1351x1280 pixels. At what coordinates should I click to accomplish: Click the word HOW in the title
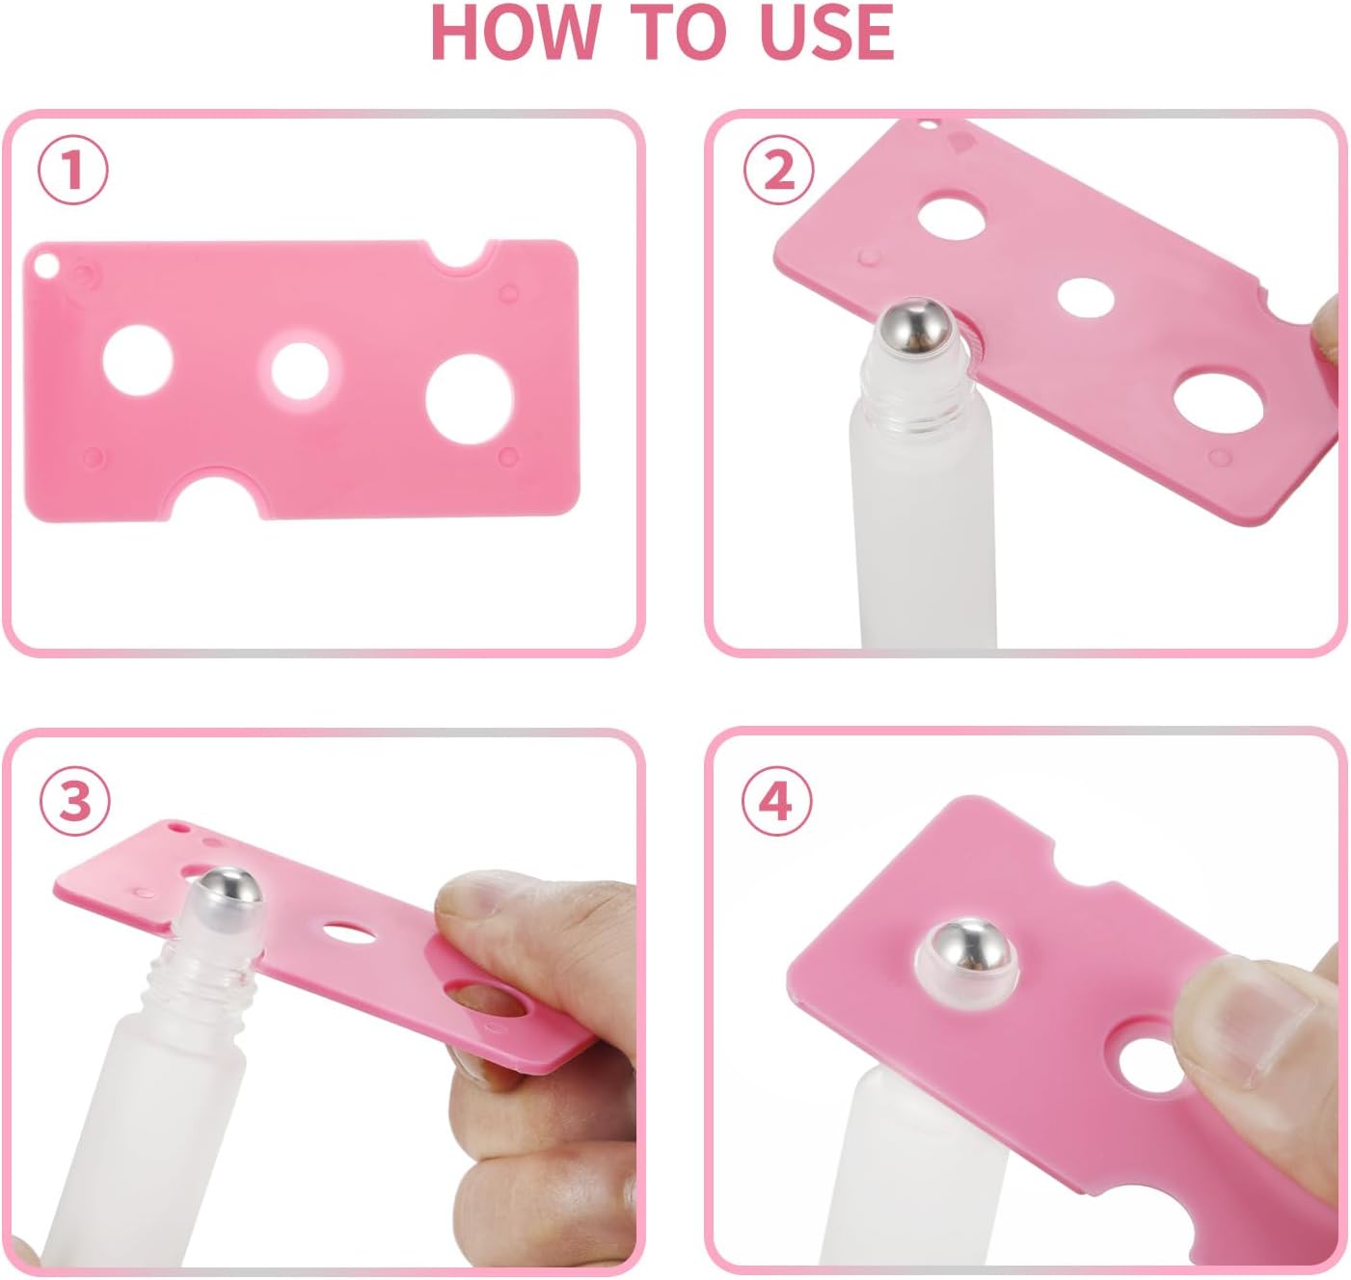point(515,33)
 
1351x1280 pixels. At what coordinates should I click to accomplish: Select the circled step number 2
point(778,169)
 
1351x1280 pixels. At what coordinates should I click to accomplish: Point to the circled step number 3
point(75,801)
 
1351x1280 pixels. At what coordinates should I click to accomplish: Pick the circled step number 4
point(776,800)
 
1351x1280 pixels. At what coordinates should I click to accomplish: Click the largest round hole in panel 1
point(470,399)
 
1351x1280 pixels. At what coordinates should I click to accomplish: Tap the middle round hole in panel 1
point(300,370)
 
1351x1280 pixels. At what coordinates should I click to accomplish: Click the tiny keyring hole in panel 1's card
point(45,265)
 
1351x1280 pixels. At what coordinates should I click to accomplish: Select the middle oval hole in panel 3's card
point(349,933)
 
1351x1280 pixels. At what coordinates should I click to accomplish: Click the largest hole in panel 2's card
point(1218,403)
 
